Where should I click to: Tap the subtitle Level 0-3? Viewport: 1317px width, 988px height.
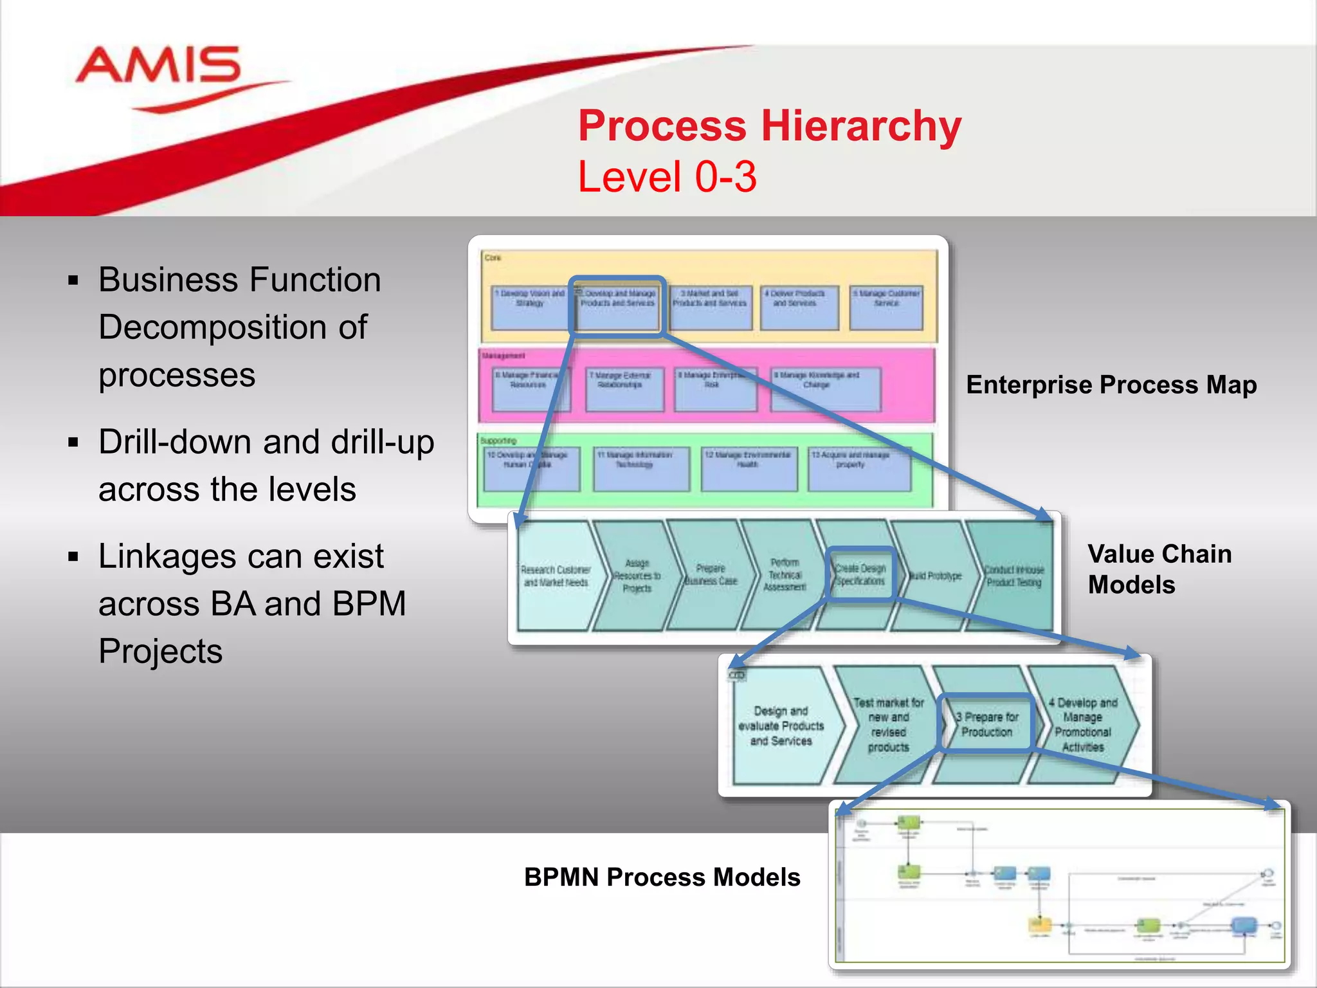(x=667, y=177)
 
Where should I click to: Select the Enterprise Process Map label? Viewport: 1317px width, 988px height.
(x=1111, y=385)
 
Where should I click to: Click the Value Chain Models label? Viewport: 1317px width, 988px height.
(x=1159, y=569)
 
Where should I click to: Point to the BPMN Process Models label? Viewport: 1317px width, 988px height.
(x=662, y=877)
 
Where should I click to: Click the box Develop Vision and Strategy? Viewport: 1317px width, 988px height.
(x=529, y=307)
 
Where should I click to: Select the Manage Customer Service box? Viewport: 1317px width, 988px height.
(x=886, y=307)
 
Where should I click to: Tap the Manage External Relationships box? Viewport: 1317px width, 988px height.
(x=624, y=389)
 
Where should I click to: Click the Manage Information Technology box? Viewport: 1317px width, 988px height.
(x=640, y=468)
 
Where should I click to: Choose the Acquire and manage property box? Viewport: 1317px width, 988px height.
(x=859, y=468)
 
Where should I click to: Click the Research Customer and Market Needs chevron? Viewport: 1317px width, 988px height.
(x=556, y=576)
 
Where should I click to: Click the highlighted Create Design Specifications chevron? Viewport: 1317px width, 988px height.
(x=860, y=574)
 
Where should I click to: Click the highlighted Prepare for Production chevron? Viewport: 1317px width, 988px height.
(x=986, y=724)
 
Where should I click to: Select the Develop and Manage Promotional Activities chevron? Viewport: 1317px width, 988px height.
(x=1083, y=724)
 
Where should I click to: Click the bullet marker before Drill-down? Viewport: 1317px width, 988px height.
(x=73, y=443)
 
